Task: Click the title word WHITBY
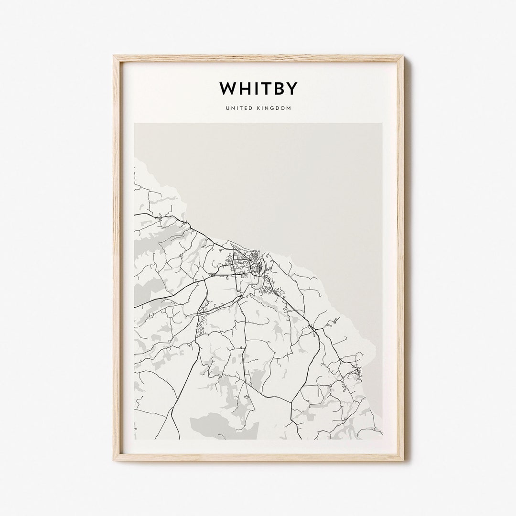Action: pos(258,88)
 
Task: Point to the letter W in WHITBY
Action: pos(227,88)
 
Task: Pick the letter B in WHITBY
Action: pos(279,88)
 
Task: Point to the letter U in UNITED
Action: pos(227,108)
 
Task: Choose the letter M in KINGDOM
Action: pos(289,108)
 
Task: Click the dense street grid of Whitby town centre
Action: pos(246,263)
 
